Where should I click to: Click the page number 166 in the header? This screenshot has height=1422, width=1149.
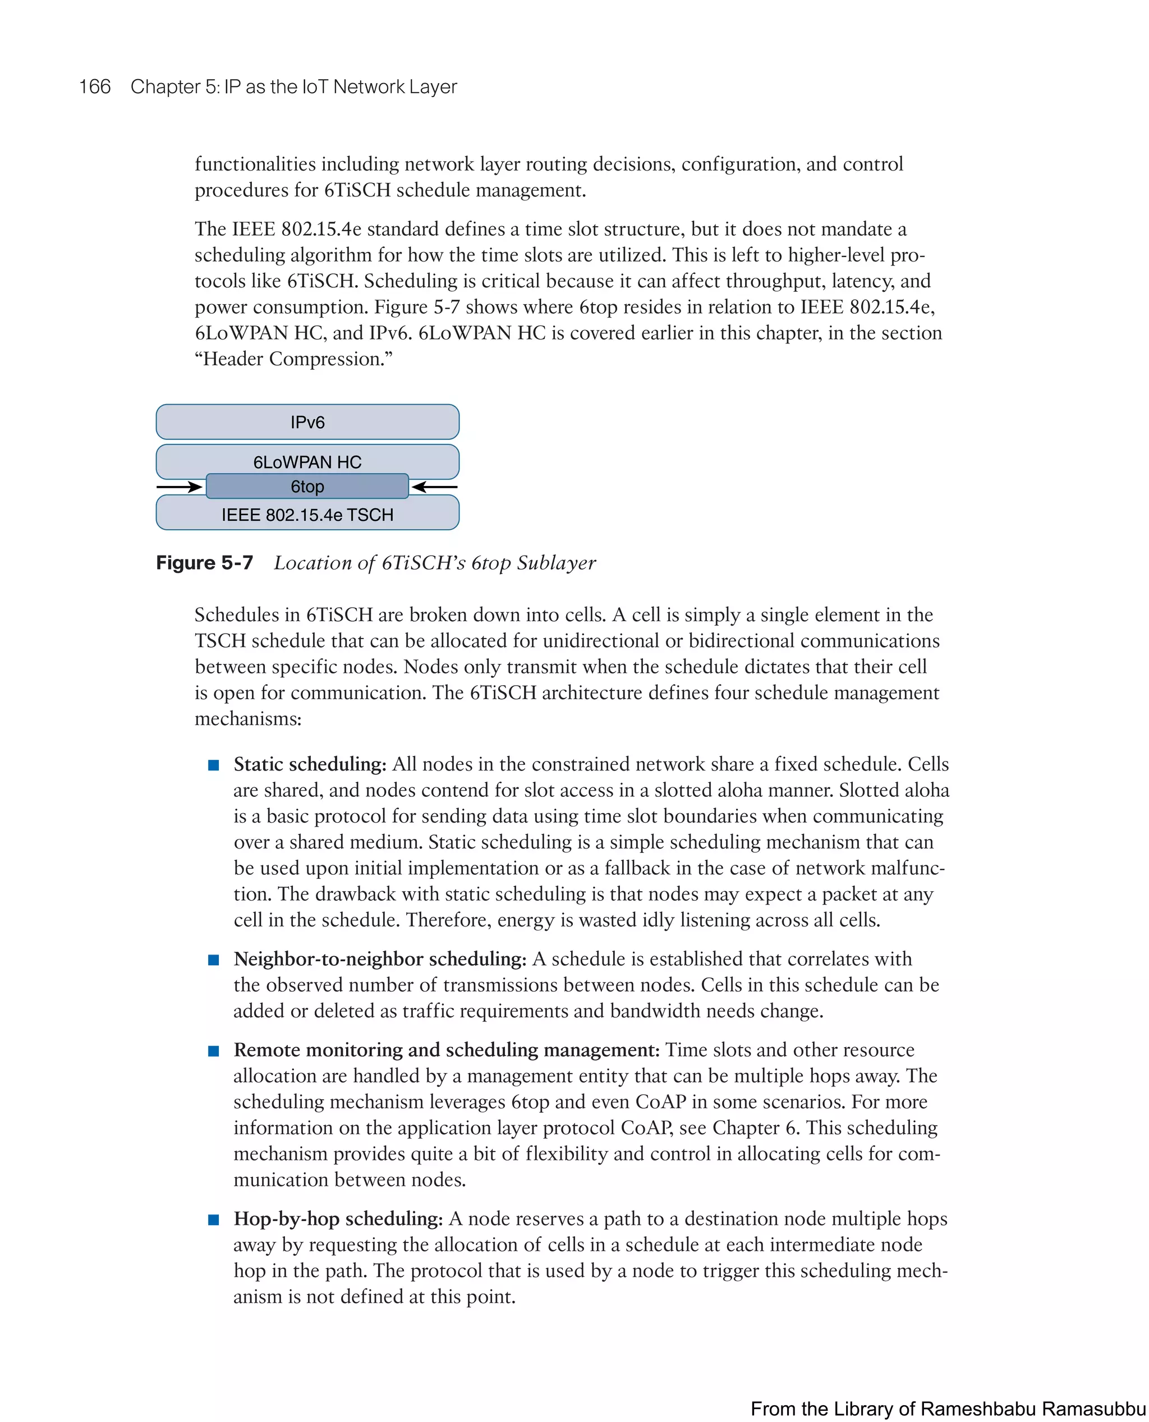95,87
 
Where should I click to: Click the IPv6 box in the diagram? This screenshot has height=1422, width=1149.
307,421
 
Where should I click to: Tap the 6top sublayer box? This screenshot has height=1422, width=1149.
307,487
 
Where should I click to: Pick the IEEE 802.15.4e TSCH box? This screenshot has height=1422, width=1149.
307,515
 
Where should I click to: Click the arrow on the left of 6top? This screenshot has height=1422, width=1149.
179,487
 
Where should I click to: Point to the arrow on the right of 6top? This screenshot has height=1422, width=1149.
434,487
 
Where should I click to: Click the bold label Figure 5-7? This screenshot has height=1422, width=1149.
205,563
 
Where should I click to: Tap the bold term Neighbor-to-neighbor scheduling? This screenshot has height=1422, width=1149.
380,958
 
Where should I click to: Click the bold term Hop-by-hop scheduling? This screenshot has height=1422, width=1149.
338,1219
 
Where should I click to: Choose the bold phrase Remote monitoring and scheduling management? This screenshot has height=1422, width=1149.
447,1050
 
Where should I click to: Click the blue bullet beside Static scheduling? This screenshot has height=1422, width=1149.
213,765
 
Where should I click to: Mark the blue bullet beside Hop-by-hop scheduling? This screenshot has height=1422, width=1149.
213,1220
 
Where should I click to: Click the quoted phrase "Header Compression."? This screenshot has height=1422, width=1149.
293,359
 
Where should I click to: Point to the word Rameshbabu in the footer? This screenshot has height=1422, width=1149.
978,1408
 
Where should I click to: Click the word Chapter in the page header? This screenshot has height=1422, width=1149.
166,87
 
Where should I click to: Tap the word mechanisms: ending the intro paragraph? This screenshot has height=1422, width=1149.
248,719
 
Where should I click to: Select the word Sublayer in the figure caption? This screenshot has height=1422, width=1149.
556,563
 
